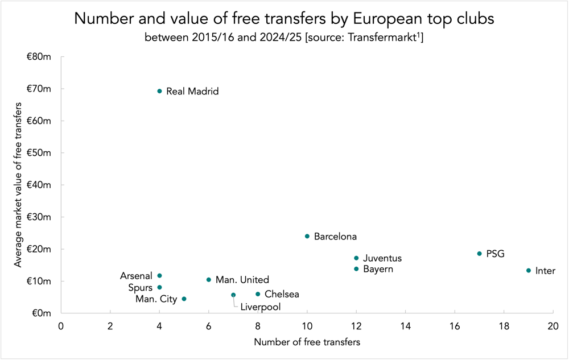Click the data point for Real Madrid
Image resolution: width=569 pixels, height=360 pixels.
coord(159,91)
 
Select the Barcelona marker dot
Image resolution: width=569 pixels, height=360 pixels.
coord(307,236)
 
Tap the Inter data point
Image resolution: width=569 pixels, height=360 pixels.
coord(529,271)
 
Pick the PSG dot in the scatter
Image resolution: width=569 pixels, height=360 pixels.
coord(479,254)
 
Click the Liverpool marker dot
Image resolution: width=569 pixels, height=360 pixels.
coord(233,295)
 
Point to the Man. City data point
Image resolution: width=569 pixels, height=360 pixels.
coord(184,299)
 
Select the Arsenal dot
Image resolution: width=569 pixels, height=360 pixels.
coord(159,276)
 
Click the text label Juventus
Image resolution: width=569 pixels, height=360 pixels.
coord(382,258)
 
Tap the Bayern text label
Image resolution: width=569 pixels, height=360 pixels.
coord(378,269)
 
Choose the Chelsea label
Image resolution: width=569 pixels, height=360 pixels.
coord(282,295)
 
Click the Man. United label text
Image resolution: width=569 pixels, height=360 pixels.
coord(242,280)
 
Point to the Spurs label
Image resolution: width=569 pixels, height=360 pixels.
coord(141,288)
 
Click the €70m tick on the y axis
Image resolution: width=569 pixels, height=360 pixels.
coord(39,89)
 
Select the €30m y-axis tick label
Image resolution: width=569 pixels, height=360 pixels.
coord(39,217)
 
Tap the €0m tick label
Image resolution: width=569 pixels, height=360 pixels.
coord(42,313)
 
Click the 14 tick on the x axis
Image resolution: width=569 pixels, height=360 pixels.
coord(405,326)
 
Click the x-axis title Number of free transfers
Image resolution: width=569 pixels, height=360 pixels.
coord(307,342)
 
